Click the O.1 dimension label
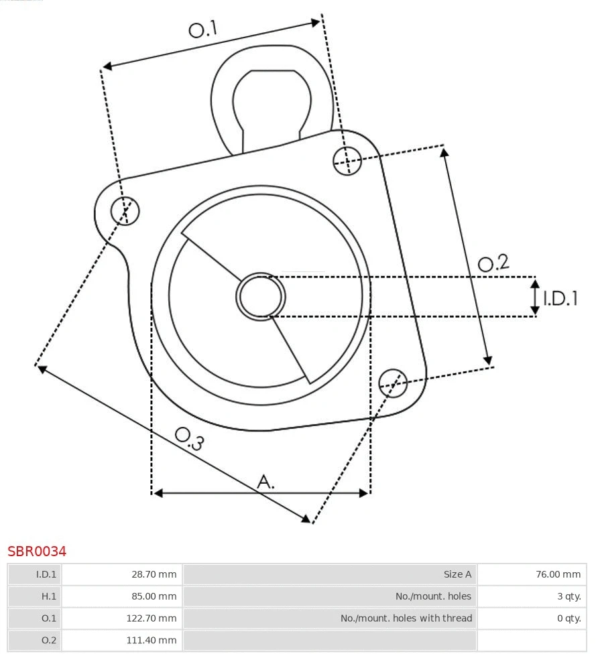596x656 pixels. click(203, 29)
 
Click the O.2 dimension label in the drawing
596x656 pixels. click(493, 263)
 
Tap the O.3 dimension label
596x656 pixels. click(189, 438)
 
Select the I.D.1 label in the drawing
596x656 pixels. click(560, 298)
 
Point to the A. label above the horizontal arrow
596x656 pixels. click(266, 481)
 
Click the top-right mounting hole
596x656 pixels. click(347, 160)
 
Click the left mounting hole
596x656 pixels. click(125, 211)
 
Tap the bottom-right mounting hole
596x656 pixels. click(393, 382)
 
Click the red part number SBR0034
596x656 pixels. click(37, 551)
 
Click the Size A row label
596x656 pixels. click(457, 574)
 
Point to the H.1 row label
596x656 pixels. click(48, 596)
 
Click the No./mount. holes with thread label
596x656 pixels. click(406, 618)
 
